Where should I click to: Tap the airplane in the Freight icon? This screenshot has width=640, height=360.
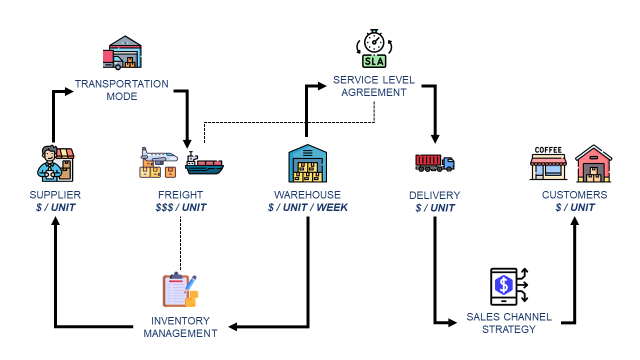(x=159, y=158)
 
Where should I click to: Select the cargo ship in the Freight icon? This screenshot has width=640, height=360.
(x=205, y=162)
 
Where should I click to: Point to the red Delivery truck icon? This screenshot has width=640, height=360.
(x=434, y=162)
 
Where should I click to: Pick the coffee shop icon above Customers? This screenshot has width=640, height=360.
(x=548, y=163)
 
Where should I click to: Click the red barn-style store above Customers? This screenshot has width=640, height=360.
(x=593, y=164)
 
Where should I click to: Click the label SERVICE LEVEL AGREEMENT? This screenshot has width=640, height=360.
(x=374, y=85)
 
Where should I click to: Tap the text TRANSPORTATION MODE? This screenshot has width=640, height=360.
(x=121, y=91)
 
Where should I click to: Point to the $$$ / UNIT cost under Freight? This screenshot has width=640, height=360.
(x=181, y=207)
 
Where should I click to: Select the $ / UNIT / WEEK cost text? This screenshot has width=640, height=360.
(x=308, y=207)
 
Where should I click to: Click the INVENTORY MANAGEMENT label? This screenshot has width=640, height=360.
(x=180, y=326)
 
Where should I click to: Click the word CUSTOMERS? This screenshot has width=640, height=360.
(x=574, y=194)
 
